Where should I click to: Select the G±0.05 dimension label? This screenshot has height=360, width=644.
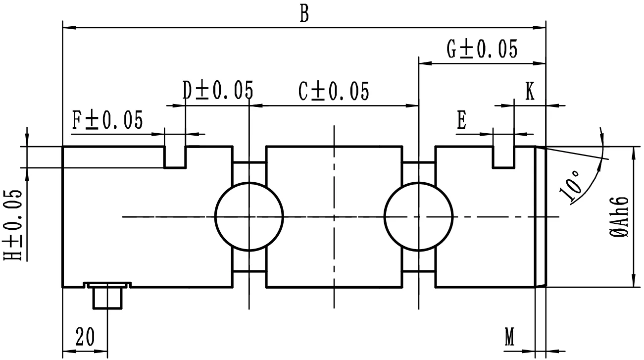482,50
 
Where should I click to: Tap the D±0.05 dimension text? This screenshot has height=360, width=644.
217,91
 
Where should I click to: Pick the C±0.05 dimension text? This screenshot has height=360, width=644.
334,92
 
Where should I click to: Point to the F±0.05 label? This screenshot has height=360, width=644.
107,120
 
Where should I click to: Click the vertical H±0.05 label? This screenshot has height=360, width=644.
14,224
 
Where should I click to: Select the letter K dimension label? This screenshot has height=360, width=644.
530,92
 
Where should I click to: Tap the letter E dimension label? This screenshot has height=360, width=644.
462,121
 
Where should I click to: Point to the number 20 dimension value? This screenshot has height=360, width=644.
86,338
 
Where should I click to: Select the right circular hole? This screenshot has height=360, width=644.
419,216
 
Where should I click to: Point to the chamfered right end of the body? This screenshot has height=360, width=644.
541,216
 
